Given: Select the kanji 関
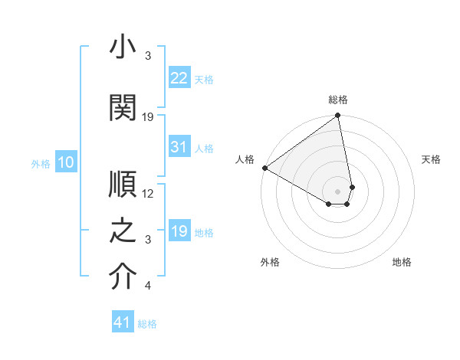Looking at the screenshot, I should (x=123, y=109).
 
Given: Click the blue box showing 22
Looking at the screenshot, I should (x=179, y=78).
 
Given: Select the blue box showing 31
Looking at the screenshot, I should (x=179, y=147).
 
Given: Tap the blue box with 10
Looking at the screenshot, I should (x=65, y=162).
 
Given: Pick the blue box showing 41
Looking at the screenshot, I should (x=123, y=322).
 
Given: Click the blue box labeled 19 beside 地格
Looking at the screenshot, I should (x=179, y=231).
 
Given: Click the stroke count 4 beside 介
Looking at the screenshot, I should (x=148, y=286).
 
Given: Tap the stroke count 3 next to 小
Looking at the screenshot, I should (x=148, y=56).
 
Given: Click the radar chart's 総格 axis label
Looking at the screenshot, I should (x=338, y=100).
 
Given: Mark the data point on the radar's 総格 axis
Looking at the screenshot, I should (x=337, y=116).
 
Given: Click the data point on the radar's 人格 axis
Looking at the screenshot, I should (x=264, y=168).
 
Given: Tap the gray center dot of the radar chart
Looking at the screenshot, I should (x=337, y=191).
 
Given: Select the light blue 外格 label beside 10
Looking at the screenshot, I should (x=41, y=163).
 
